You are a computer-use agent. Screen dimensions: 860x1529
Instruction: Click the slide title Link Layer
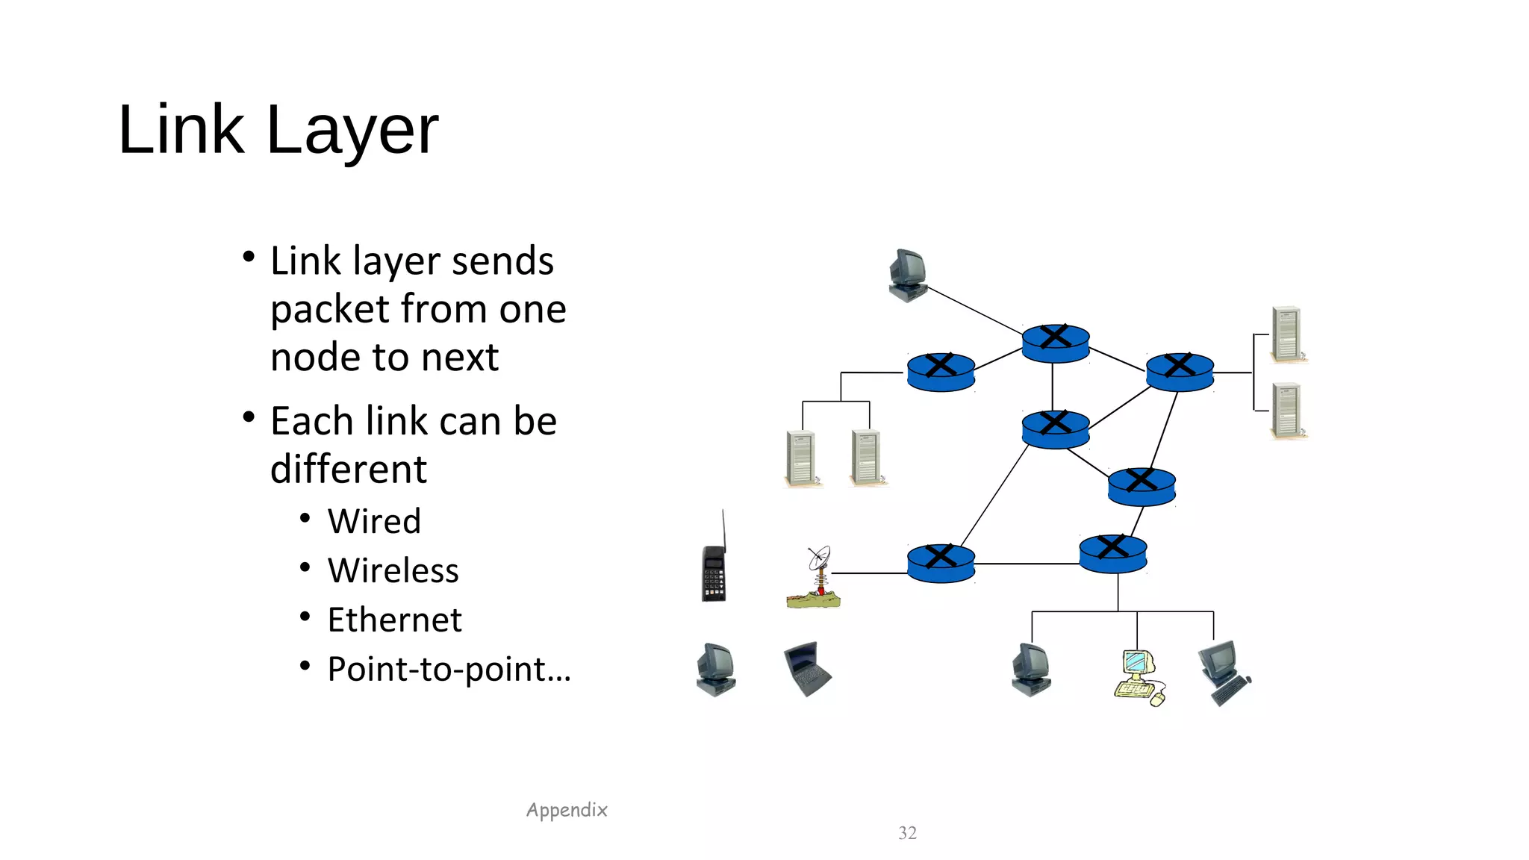pyautogui.click(x=278, y=130)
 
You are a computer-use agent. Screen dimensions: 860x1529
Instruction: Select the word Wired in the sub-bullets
pyautogui.click(x=374, y=521)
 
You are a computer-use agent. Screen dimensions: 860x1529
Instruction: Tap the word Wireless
pyautogui.click(x=393, y=570)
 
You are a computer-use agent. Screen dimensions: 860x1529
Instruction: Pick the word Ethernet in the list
pyautogui.click(x=394, y=620)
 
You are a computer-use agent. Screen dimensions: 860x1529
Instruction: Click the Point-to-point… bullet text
pyautogui.click(x=449, y=669)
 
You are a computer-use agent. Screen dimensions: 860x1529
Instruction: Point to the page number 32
pyautogui.click(x=907, y=832)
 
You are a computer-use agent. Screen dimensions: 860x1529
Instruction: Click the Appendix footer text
pyautogui.click(x=567, y=810)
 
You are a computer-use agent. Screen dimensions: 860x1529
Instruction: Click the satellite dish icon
pyautogui.click(x=815, y=578)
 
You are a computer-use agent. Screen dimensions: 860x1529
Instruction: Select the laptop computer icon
pyautogui.click(x=807, y=667)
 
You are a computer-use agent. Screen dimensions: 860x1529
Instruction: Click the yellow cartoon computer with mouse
pyautogui.click(x=1138, y=677)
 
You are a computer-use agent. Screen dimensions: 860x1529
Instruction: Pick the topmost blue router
pyautogui.click(x=1055, y=343)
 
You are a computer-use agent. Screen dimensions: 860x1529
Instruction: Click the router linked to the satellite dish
pyautogui.click(x=941, y=563)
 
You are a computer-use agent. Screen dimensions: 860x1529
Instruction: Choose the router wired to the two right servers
pyautogui.click(x=1180, y=372)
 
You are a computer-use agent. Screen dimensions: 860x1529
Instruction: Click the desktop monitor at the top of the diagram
pyautogui.click(x=908, y=275)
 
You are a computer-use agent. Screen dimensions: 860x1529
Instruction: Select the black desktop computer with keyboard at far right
pyautogui.click(x=1224, y=671)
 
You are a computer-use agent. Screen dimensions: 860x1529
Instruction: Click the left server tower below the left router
pyautogui.click(x=802, y=458)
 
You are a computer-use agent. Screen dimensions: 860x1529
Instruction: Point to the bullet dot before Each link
pyautogui.click(x=249, y=417)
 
